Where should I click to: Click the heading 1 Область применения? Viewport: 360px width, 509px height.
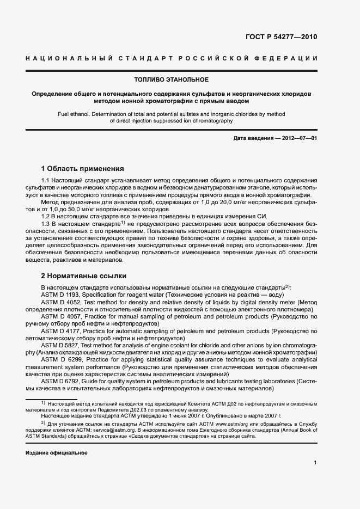coord(82,169)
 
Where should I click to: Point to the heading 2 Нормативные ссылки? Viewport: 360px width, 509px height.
coord(83,275)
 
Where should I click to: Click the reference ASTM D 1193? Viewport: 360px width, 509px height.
coord(60,294)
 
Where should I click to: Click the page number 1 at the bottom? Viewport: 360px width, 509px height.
coord(315,463)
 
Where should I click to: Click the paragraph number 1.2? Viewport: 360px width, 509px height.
coord(47,216)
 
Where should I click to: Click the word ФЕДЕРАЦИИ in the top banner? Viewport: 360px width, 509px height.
coord(291,58)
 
